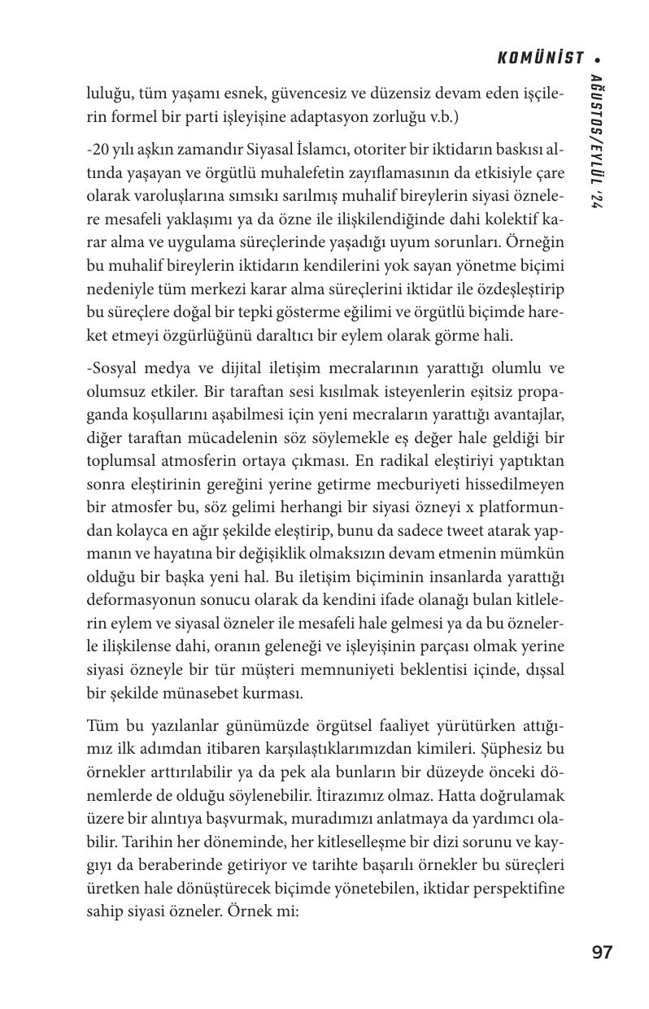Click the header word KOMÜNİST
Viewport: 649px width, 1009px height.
(541, 58)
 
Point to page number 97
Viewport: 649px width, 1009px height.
(602, 953)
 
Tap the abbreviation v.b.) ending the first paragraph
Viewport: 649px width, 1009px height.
(442, 116)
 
